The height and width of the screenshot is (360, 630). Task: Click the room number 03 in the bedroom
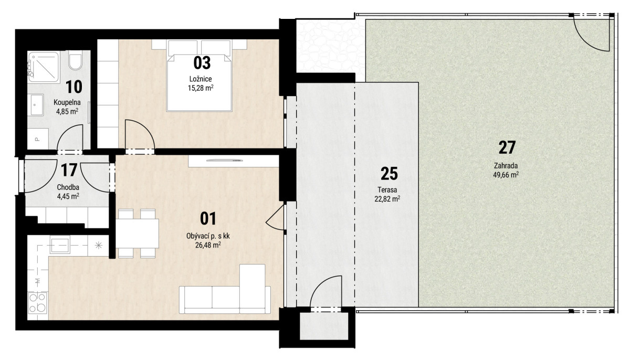tap(202, 63)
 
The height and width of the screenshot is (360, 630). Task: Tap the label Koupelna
tap(67, 102)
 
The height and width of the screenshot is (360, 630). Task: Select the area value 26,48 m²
tap(208, 245)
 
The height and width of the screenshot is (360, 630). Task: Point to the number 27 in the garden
tap(507, 147)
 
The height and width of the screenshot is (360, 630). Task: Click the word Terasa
tap(387, 189)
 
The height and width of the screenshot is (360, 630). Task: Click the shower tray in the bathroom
tap(44, 67)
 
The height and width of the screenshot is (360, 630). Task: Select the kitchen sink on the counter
tap(60, 245)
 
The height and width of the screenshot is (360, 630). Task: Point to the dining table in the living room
tap(137, 233)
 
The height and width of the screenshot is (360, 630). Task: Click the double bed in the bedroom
tap(199, 76)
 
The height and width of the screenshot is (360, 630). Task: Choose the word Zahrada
tap(506, 166)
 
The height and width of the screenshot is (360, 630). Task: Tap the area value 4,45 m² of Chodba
tap(68, 196)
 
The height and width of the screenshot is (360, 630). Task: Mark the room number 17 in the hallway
tap(69, 171)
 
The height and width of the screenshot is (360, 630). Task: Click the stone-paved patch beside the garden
tap(330, 46)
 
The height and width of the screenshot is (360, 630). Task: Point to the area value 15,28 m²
tap(201, 88)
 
